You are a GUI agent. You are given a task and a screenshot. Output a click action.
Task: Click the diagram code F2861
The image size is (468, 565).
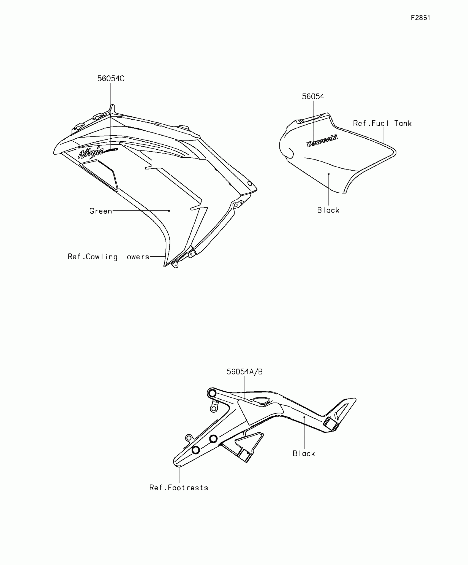420,18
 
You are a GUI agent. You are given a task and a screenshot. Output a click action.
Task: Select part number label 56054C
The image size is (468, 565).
111,79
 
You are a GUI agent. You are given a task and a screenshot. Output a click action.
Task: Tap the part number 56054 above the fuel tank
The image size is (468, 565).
313,96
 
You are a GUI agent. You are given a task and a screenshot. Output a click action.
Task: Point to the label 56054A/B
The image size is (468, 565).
244,372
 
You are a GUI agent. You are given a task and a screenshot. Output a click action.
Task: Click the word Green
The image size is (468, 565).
101,211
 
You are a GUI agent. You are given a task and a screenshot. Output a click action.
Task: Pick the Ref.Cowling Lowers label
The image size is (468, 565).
108,257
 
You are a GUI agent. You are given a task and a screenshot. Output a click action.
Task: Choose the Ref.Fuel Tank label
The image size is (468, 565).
382,123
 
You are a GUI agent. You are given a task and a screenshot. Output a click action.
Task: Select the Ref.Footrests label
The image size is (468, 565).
179,488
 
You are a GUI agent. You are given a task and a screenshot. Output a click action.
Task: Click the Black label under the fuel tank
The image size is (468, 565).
328,210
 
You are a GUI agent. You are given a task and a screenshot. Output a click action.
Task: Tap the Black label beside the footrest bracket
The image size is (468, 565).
304,454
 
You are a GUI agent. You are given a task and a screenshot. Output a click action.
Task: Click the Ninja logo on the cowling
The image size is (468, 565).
91,153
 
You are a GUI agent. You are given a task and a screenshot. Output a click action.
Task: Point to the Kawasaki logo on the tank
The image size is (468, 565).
322,141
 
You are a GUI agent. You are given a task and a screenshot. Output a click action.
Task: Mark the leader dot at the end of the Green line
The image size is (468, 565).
169,211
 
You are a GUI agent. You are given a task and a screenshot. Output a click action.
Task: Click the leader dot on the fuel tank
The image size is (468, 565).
329,174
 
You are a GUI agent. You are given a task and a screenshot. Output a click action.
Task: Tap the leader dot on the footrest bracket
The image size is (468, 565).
304,417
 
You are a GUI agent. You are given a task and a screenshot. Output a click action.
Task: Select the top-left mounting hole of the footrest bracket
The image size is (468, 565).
212,393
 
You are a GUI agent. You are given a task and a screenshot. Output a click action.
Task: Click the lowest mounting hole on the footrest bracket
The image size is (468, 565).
195,450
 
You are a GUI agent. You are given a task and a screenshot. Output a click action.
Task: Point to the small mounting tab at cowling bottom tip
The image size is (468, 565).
175,265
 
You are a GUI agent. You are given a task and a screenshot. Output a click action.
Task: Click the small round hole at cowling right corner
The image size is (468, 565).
249,183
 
